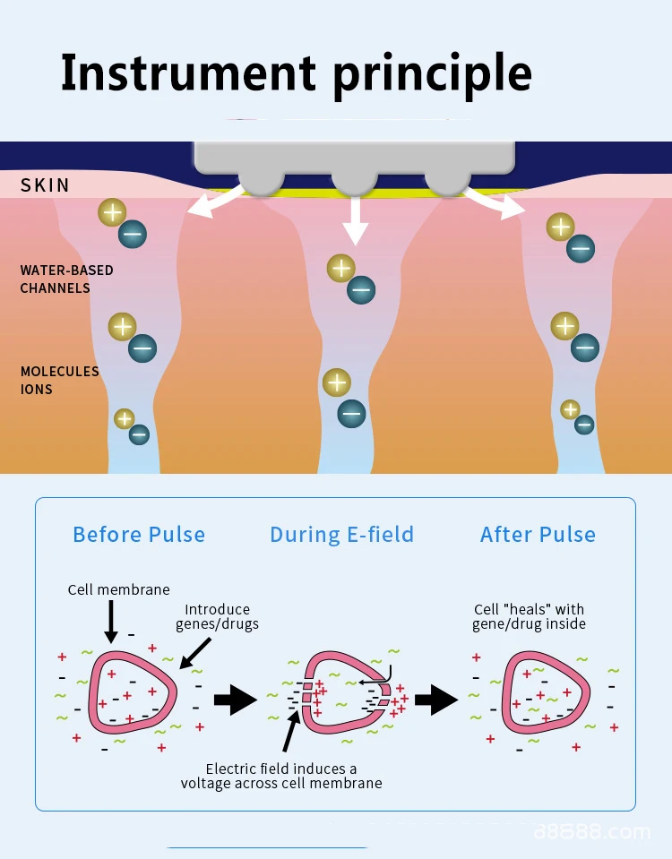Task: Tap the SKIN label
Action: click(45, 185)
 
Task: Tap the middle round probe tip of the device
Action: click(355, 180)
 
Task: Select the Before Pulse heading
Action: click(139, 535)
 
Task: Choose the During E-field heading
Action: click(341, 535)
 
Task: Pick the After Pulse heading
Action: click(538, 535)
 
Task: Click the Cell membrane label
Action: click(118, 589)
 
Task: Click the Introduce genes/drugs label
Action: click(217, 616)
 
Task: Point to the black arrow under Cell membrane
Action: click(111, 622)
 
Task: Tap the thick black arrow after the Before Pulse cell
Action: click(236, 699)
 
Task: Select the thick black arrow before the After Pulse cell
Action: click(436, 699)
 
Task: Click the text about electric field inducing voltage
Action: click(281, 776)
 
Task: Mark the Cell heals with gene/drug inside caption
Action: click(529, 616)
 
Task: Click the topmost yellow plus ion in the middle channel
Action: click(340, 268)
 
